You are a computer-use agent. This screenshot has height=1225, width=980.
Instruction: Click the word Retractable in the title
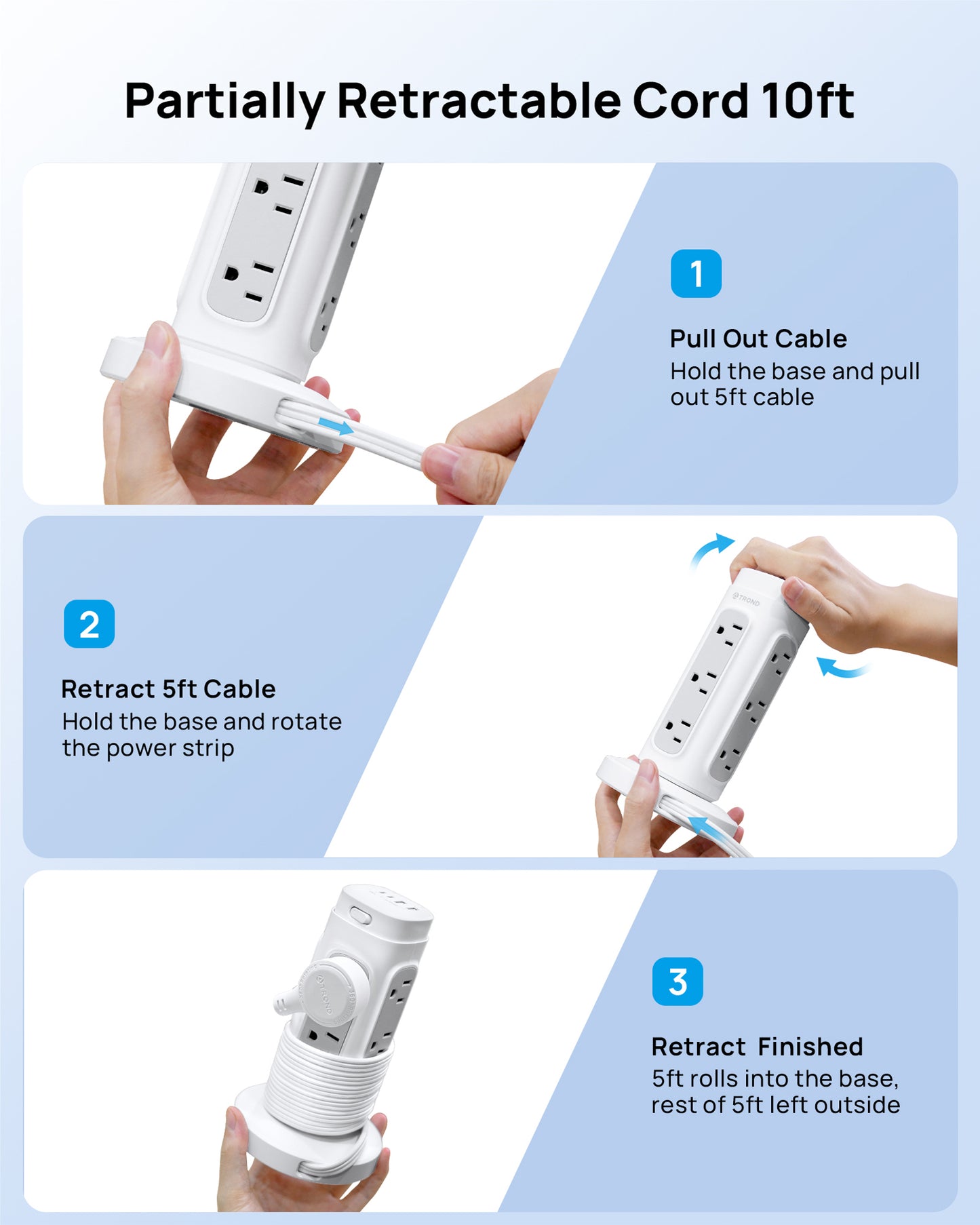tap(478, 102)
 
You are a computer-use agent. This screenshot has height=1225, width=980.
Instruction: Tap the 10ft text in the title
tap(806, 102)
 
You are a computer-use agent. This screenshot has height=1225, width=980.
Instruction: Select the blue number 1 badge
tap(696, 273)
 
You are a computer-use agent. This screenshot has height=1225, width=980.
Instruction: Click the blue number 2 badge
tap(89, 624)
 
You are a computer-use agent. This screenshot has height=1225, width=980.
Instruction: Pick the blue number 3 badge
tap(678, 981)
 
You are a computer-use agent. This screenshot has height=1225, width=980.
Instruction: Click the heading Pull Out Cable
tap(758, 338)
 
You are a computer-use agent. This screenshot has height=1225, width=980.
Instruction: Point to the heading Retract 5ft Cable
tap(168, 689)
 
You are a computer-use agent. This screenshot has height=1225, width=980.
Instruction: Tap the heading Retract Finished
tap(757, 1047)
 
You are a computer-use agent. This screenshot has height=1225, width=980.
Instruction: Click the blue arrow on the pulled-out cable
tap(336, 427)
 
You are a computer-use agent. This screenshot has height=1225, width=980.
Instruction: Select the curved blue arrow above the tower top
tap(711, 549)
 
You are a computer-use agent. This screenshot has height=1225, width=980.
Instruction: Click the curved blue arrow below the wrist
tap(842, 668)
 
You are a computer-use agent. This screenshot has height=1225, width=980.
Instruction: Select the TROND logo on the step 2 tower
tap(746, 599)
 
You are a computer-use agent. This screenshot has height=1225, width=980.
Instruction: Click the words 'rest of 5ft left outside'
tap(775, 1106)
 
